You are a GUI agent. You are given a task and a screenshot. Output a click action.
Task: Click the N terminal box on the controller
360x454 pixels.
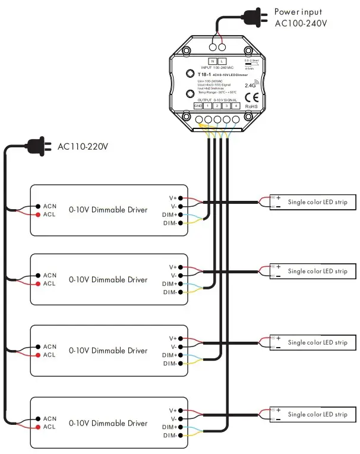(212, 61)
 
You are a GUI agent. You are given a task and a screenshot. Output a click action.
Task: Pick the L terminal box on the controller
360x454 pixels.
(222, 61)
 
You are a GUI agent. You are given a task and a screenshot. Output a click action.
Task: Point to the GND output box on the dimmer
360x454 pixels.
(198, 106)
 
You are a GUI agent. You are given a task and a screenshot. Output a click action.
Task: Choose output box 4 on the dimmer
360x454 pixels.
(236, 106)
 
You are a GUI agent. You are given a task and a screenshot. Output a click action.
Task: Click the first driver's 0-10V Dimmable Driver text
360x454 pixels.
(108, 209)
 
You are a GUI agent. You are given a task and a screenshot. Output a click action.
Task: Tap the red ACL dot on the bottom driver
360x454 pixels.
(35, 427)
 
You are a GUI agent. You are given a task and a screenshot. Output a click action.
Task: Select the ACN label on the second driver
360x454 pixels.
(49, 275)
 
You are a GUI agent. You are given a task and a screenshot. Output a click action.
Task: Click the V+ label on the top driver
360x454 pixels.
(173, 198)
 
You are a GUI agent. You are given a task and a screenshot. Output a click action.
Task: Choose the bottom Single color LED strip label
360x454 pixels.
(318, 414)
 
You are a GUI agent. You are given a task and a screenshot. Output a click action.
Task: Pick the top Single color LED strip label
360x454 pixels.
(318, 202)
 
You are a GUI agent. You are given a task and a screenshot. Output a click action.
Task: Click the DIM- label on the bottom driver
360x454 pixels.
(170, 436)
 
